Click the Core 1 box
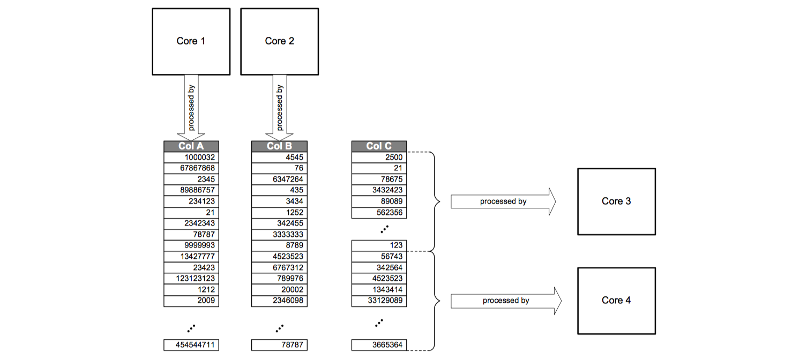coord(191,41)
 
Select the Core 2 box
coord(279,41)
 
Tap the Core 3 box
coord(616,201)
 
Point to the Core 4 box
coord(616,301)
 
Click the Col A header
coord(191,146)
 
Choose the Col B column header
coord(279,146)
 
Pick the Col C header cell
coord(379,146)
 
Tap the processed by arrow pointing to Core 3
coord(503,202)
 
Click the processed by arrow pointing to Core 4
coord(505,301)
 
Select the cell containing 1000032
coord(191,157)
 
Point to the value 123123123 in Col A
coord(191,279)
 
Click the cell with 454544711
coord(191,345)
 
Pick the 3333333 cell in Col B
coord(279,235)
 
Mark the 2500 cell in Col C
coord(379,157)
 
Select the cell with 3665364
coord(379,345)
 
